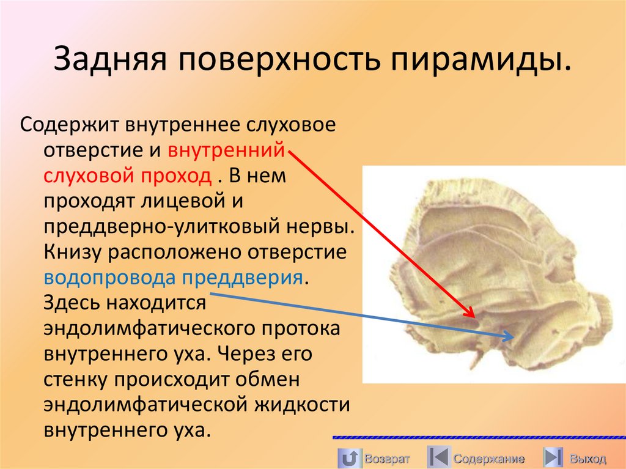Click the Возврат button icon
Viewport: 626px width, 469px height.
(x=349, y=457)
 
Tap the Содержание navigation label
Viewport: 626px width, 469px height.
(x=489, y=459)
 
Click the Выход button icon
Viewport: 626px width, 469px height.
(x=552, y=457)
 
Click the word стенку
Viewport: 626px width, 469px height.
(x=73, y=379)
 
